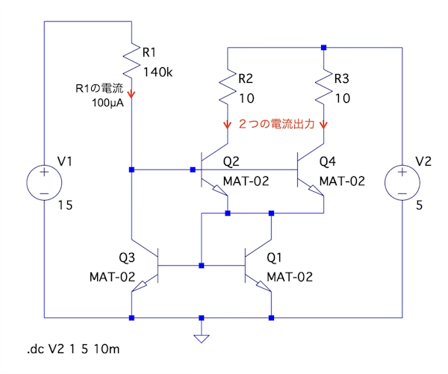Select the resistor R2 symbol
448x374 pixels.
click(227, 88)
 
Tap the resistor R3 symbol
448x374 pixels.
click(323, 88)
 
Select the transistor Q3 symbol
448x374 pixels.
click(146, 266)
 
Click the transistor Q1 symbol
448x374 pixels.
click(258, 266)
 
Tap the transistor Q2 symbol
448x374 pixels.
click(214, 172)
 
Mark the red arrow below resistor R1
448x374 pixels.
click(132, 95)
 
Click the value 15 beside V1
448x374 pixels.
click(65, 205)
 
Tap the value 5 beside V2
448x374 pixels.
click(419, 205)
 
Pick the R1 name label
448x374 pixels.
click(149, 52)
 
